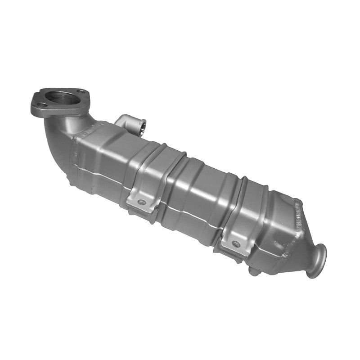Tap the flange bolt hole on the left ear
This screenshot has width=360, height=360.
coord(40,105)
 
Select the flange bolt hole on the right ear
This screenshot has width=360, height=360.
coord(81,92)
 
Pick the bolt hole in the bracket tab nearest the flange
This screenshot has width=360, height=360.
coord(142,202)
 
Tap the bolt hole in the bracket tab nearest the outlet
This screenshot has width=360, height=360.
coord(235,244)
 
